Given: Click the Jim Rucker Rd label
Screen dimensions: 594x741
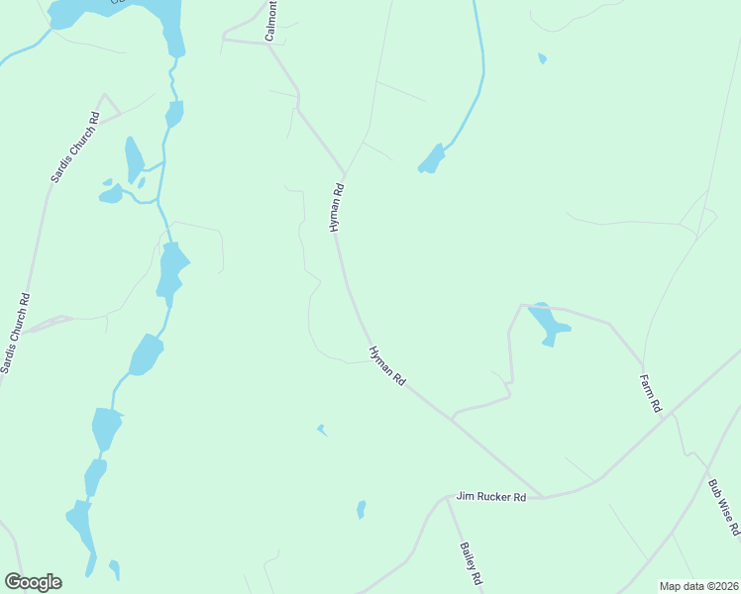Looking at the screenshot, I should click(x=490, y=496).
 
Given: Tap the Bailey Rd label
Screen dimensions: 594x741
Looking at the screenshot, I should click(x=471, y=563).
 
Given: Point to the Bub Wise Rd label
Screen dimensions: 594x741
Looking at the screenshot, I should click(x=724, y=508).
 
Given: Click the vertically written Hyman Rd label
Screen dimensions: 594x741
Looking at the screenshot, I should click(x=337, y=208).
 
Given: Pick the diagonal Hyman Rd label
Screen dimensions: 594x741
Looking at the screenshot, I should click(x=387, y=365).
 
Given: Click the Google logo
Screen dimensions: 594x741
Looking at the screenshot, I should click(x=33, y=582).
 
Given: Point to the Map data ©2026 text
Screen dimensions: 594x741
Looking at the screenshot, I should click(x=698, y=586).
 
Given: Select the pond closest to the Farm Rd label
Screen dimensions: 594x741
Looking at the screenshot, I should click(x=548, y=323).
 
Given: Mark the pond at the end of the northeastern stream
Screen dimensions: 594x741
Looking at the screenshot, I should click(x=431, y=159).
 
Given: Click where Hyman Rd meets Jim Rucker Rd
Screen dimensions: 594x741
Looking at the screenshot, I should click(x=544, y=496).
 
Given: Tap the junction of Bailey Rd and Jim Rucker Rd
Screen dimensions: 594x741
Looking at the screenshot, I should click(x=447, y=497).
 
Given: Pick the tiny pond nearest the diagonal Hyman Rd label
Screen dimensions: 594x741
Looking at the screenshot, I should click(x=322, y=430).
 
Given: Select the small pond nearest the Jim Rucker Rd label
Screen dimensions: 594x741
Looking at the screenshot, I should click(x=361, y=510).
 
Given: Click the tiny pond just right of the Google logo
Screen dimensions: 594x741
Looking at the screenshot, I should click(x=114, y=569).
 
